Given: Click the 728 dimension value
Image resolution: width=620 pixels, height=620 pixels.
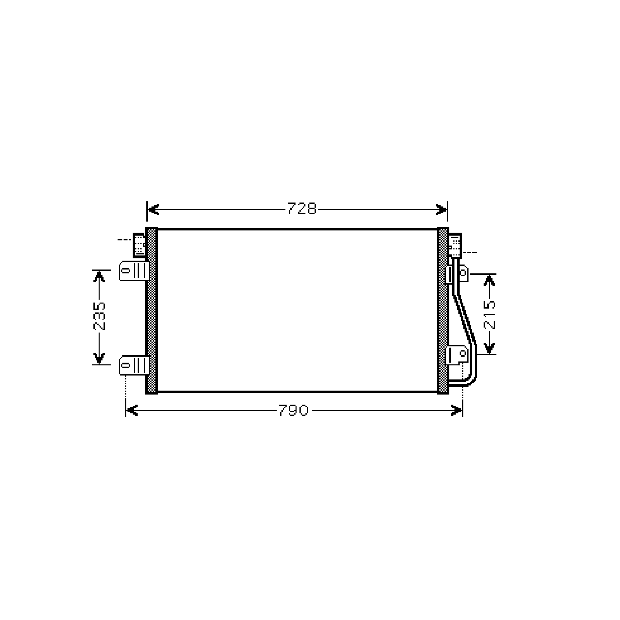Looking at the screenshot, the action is (302, 209).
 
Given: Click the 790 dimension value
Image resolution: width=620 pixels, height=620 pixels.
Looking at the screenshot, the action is (294, 410).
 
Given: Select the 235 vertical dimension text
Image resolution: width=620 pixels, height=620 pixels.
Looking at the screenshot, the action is (99, 316).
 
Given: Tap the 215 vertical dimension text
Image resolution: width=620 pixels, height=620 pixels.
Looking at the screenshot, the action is (489, 315).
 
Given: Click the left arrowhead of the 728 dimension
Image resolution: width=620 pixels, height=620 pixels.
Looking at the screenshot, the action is (153, 209).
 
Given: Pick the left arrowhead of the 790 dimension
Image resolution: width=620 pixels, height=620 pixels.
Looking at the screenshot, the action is (132, 410).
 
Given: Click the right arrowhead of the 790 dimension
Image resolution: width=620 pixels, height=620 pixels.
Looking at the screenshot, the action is (456, 410).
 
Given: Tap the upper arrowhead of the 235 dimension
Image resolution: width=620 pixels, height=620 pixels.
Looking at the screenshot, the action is (99, 277).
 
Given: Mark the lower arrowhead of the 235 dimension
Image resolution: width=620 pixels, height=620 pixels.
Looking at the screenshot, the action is (99, 358).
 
